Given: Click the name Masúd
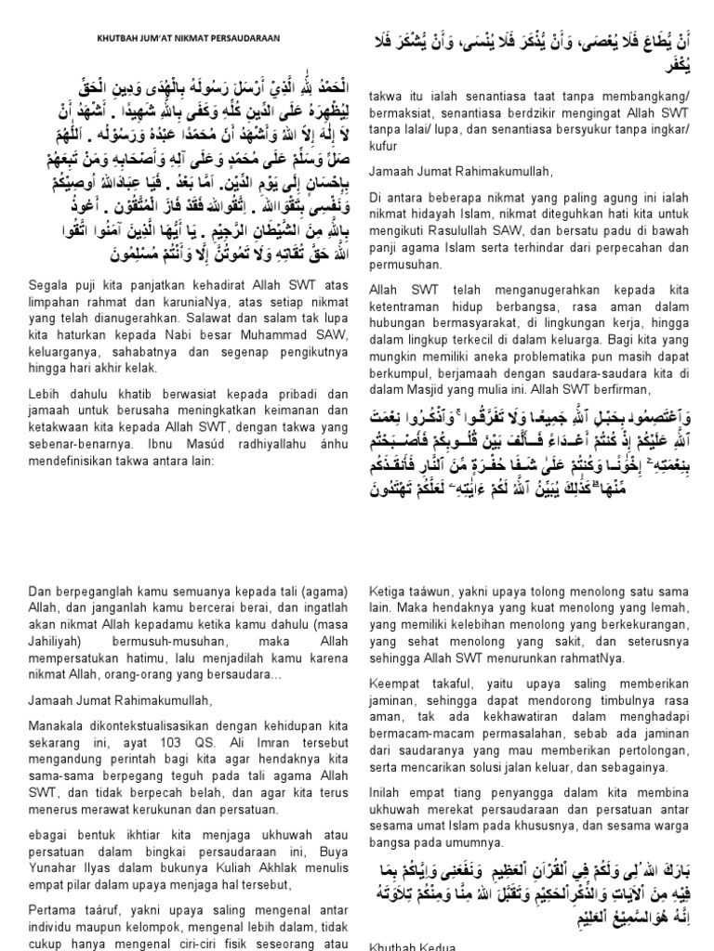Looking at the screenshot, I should tap(169, 440).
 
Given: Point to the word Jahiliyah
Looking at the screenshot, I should tap(59, 618).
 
